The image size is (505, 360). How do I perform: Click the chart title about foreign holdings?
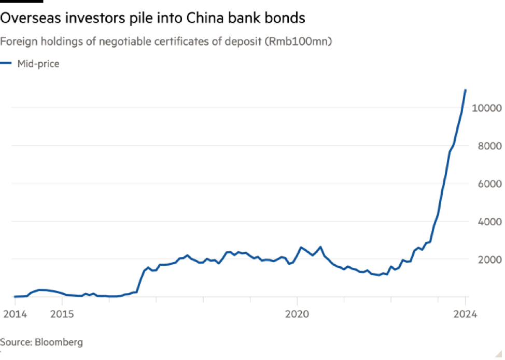[166, 42]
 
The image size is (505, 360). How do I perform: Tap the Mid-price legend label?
[38, 64]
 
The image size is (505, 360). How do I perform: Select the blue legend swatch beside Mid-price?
[6, 64]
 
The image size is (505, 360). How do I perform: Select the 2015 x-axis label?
[62, 313]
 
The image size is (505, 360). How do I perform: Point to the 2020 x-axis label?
[297, 313]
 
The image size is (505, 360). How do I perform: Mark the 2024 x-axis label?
[466, 313]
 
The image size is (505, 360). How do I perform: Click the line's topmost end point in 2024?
[466, 89]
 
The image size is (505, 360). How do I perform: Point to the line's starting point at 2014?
[14, 296]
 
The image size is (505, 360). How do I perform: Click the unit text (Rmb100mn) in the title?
[299, 42]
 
